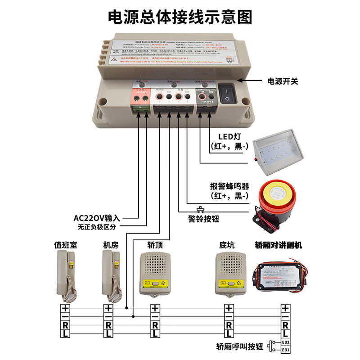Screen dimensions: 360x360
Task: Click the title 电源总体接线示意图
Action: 180,17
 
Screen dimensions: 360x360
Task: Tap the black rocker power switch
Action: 227,92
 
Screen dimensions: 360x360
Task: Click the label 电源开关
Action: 283,81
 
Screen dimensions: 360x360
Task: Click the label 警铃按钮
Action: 203,219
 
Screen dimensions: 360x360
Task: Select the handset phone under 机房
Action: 112,275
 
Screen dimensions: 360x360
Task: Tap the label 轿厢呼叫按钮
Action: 239,346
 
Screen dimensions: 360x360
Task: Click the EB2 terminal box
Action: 286,342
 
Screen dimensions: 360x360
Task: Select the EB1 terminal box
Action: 286,350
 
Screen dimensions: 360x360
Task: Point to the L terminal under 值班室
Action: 66,333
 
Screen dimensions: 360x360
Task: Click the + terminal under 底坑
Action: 229,308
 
